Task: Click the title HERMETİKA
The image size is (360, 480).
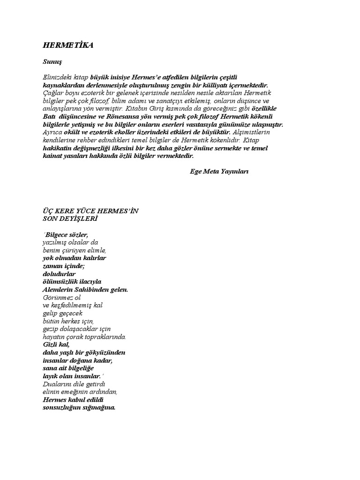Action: click(68, 45)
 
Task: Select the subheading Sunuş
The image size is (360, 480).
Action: click(52, 61)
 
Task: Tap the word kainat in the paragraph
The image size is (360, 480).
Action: click(52, 156)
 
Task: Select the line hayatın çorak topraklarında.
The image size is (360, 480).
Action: click(84, 337)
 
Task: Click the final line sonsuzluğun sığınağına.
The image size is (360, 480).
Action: click(78, 407)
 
